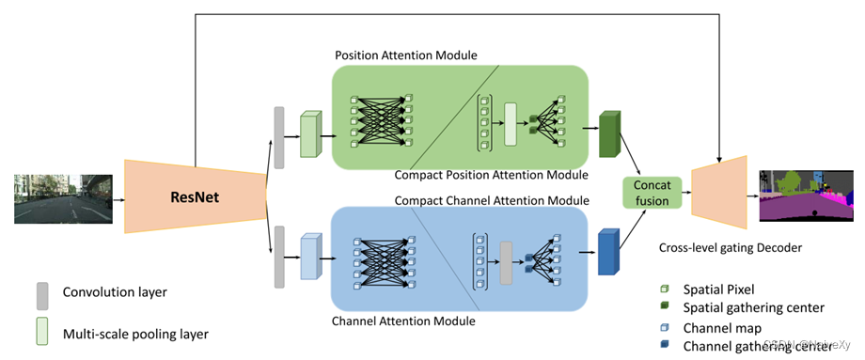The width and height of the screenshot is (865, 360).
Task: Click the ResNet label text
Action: click(195, 196)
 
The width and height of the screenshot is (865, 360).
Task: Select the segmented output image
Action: click(807, 196)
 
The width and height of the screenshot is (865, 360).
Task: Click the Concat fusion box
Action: click(652, 193)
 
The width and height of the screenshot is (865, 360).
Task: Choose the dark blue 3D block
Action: click(609, 253)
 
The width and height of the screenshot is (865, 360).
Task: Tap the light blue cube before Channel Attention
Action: click(310, 258)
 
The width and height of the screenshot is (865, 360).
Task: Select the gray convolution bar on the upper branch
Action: click(278, 138)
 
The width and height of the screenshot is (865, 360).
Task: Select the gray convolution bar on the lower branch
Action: click(278, 256)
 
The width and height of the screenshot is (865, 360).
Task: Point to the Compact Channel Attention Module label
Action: click(492, 200)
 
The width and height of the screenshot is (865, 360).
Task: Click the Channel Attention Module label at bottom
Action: click(403, 321)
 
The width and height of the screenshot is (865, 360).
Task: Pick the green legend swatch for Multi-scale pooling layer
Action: click(42, 332)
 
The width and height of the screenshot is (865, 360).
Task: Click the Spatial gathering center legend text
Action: click(754, 307)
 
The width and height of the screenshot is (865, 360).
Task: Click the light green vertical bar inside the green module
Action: click(511, 124)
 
